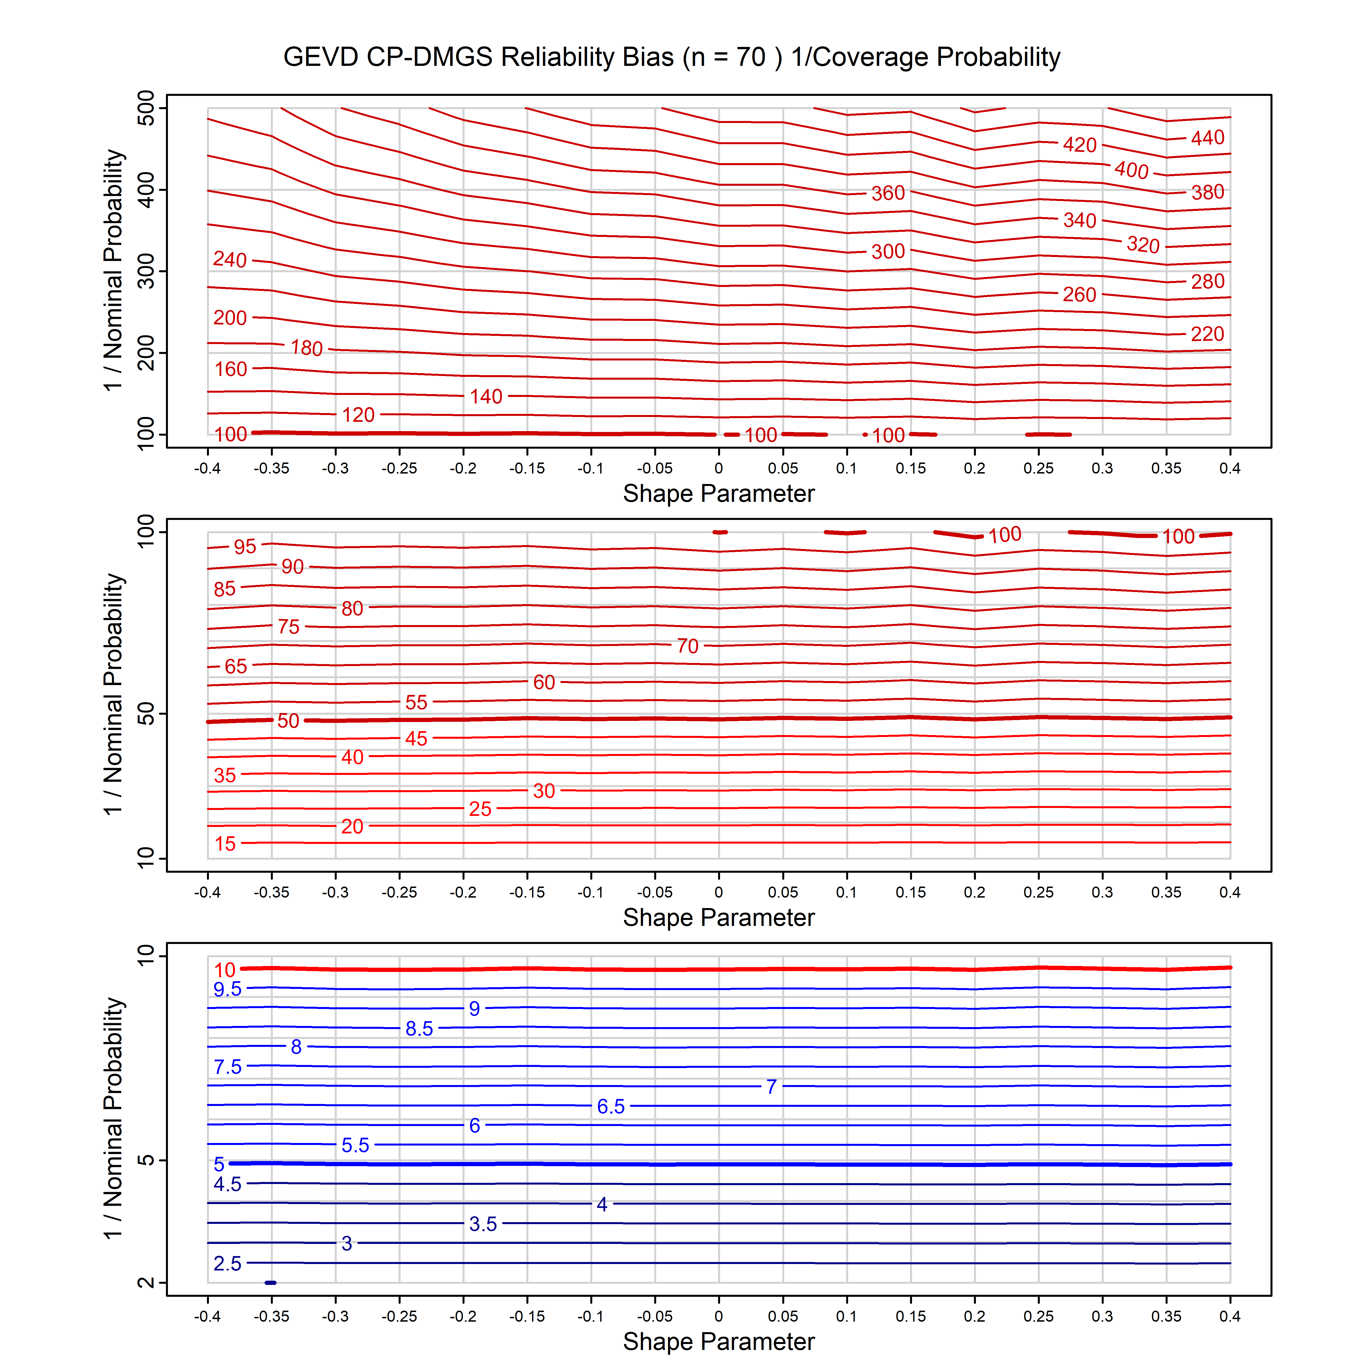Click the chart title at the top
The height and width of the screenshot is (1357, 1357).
(671, 57)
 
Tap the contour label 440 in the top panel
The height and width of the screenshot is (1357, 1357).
(1207, 138)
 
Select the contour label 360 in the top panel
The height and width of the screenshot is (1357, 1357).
(888, 193)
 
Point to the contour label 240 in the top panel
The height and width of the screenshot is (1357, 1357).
(230, 260)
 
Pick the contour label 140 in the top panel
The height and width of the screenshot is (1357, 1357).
(486, 397)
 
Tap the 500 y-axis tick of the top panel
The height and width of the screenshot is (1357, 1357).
(146, 108)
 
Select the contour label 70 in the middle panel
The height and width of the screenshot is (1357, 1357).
(688, 646)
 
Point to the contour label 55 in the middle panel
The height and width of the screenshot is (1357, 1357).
(416, 702)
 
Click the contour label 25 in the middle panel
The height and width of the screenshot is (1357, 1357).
(480, 809)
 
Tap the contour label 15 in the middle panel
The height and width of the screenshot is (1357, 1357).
(225, 844)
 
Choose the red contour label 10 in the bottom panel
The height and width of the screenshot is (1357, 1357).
(225, 970)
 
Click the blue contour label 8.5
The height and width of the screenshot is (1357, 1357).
(419, 1029)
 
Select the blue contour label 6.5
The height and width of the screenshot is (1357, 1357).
(610, 1107)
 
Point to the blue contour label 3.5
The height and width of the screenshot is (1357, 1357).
(483, 1224)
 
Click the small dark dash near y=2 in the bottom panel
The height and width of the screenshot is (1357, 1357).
(271, 1283)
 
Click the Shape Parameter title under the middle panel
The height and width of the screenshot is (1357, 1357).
(719, 917)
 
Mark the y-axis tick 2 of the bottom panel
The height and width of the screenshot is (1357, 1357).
(146, 1283)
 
